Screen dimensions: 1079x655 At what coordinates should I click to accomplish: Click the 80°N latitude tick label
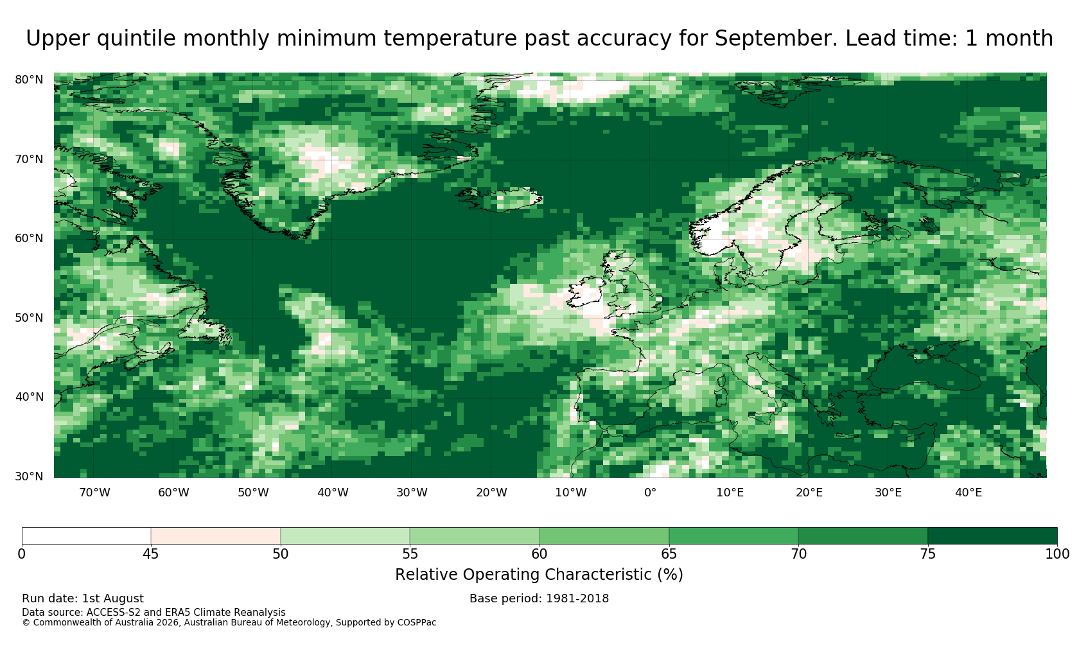click(29, 80)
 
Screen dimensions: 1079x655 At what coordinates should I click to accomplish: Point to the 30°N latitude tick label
click(29, 476)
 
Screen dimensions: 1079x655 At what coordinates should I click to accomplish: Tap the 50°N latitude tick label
click(29, 318)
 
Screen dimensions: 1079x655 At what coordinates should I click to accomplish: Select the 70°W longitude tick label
click(95, 493)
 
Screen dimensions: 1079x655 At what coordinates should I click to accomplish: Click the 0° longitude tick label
click(650, 493)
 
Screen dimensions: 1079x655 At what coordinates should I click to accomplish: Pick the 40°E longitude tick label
click(969, 493)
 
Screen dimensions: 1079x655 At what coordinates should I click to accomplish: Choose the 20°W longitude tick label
click(492, 493)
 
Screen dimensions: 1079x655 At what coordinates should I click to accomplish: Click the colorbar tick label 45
click(151, 554)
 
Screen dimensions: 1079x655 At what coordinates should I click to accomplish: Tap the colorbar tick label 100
click(1057, 554)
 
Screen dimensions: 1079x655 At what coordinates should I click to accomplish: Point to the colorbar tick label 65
click(669, 554)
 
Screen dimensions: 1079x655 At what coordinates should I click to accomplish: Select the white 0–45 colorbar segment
click(86, 536)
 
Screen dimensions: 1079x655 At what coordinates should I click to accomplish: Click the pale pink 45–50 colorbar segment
click(216, 536)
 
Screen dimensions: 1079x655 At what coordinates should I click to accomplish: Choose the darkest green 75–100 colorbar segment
click(992, 536)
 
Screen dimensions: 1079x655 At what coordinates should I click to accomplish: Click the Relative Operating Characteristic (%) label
click(539, 575)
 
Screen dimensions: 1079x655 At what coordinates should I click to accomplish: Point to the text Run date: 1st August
click(83, 598)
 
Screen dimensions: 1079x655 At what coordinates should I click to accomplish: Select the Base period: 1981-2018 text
click(539, 598)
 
